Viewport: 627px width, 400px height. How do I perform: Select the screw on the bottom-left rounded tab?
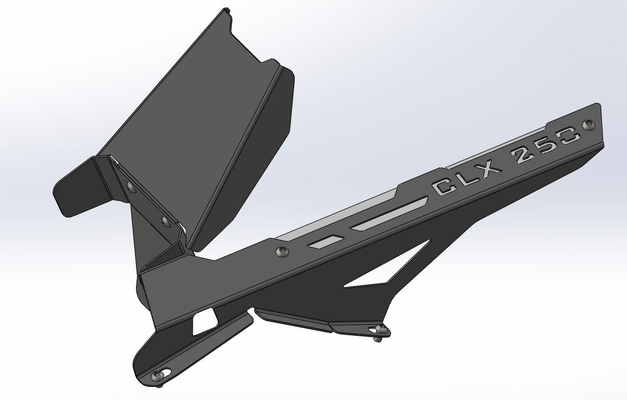[159, 374]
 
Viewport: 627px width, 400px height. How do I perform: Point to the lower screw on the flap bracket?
[165, 219]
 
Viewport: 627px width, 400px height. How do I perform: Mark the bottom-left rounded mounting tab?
[154, 361]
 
